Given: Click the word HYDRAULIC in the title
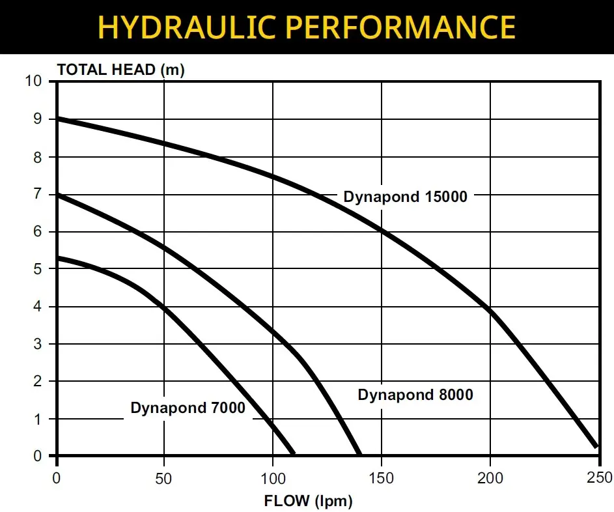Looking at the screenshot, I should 189,27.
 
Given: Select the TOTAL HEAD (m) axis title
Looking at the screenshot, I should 121,70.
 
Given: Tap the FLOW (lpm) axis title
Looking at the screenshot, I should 308,502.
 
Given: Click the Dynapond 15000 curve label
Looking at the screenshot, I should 406,197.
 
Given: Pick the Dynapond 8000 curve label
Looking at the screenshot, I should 415,395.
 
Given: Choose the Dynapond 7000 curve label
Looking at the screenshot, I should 188,408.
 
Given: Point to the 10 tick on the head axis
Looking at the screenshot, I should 33,81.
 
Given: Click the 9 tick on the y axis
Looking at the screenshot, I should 38,119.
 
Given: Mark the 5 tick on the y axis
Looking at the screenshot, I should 38,269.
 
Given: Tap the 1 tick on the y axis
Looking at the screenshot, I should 38,419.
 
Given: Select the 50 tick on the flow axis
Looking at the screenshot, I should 163,479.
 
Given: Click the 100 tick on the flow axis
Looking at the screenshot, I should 272,479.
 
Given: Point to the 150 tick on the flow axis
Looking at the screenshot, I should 381,479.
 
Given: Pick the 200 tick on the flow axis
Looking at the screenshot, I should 490,479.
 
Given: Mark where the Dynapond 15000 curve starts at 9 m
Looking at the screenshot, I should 57,119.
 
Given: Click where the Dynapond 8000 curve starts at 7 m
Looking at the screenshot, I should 57,194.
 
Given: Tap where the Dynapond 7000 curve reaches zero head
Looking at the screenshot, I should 293,453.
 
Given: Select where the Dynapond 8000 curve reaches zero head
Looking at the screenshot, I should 359,453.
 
